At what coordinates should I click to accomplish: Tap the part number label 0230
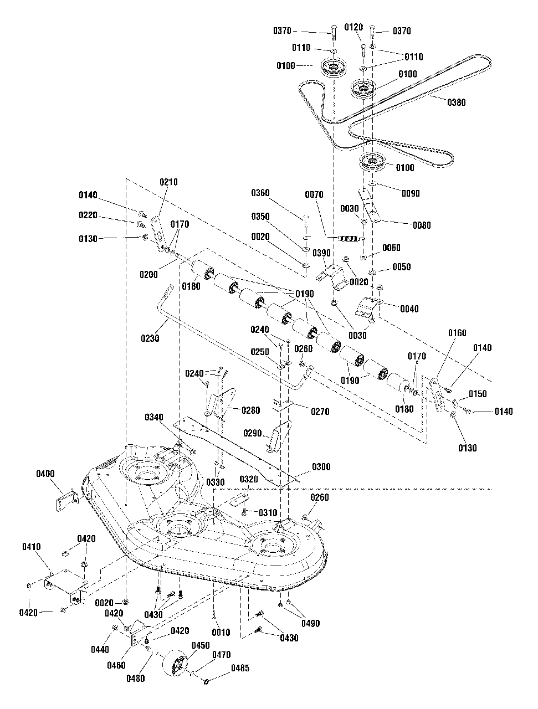click(x=150, y=338)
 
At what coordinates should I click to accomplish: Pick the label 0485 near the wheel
click(x=239, y=669)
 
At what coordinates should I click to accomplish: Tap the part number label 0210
click(x=169, y=182)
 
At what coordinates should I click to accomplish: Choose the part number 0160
click(x=457, y=333)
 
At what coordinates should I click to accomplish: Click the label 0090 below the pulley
click(x=410, y=193)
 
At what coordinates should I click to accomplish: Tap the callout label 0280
click(x=250, y=410)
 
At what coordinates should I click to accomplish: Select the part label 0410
click(x=32, y=547)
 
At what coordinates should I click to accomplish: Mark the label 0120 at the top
click(x=353, y=27)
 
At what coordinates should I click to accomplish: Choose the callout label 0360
click(x=260, y=193)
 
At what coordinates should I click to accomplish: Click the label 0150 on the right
click(x=477, y=394)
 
